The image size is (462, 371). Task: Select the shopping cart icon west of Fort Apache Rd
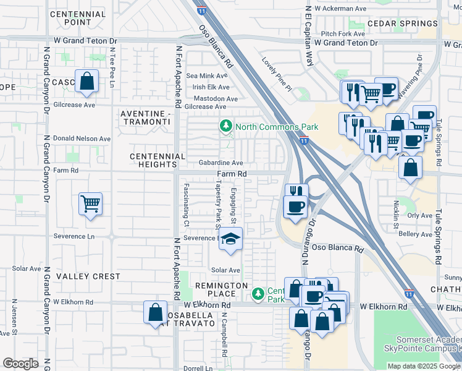pos(90,203)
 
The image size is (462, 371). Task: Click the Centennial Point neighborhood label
pos(78,17)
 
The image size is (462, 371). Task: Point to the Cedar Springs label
pos(402,23)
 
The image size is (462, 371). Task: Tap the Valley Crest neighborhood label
pos(88,276)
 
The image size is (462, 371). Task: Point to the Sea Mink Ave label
pos(211,76)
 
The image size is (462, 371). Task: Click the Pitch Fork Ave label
pos(342,34)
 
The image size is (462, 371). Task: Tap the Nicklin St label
pos(395,213)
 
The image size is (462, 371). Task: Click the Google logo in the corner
pos(20,364)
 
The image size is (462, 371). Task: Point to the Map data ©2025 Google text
pos(423,366)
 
